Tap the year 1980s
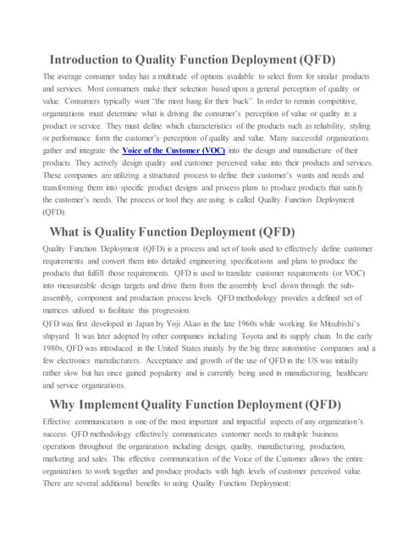(x=54, y=348)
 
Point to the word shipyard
(x=60, y=335)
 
